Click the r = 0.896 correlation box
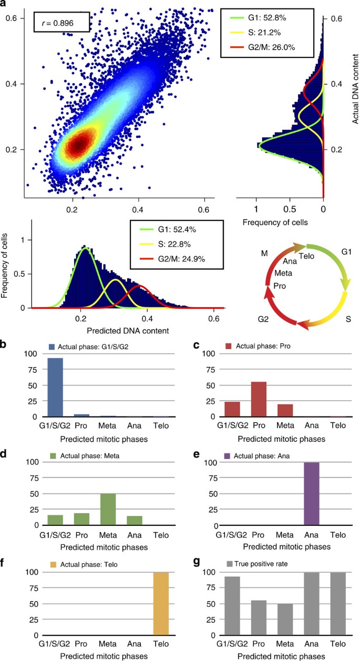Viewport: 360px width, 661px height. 61,22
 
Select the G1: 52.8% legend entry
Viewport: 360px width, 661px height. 258,18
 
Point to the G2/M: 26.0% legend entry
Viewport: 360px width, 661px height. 262,47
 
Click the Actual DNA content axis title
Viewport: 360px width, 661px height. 355,88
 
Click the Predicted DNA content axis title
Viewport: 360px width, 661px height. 128,330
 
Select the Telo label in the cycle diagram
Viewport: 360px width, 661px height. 306,256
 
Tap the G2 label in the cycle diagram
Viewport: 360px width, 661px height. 263,319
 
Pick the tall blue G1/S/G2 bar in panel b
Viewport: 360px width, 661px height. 55,387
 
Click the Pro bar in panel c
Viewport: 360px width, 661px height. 259,399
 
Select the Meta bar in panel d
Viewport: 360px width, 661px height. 108,510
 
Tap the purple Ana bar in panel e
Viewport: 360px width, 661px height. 311,494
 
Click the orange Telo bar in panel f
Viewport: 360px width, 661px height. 161,604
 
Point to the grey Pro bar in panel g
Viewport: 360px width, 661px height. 259,618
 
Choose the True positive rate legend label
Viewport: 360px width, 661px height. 261,564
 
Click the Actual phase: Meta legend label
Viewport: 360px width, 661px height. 90,455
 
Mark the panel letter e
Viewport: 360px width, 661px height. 197,454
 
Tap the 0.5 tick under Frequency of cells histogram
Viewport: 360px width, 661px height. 290,209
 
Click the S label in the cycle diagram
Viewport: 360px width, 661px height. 348,319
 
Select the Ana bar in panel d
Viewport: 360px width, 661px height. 135,521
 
